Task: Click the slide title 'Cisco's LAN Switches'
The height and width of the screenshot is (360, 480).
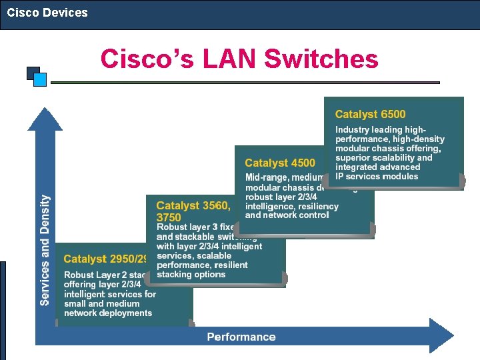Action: (x=239, y=59)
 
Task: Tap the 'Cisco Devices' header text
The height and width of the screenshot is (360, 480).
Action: (x=47, y=13)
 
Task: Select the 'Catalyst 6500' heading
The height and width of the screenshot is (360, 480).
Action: (x=370, y=115)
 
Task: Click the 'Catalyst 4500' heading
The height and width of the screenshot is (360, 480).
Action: (x=280, y=163)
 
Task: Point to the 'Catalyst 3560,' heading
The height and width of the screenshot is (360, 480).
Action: (x=193, y=206)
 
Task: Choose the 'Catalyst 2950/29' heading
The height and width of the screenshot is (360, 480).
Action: (x=105, y=259)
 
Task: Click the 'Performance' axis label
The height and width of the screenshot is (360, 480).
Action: (x=241, y=337)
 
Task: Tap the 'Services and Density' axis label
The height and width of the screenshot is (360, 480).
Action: (x=45, y=250)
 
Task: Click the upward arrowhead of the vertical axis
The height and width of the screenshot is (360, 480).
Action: (x=44, y=119)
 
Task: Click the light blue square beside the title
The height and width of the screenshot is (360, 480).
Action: (x=40, y=80)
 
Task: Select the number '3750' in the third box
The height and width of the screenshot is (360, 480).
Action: (x=169, y=217)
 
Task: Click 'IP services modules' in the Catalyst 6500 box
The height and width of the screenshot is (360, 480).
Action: (x=377, y=177)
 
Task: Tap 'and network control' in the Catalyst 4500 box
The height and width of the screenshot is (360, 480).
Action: (x=287, y=215)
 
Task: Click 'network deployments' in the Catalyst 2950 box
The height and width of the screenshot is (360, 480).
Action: (x=108, y=313)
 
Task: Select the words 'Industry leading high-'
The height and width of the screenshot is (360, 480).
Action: (x=381, y=129)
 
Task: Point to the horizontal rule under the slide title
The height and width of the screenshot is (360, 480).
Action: (x=245, y=83)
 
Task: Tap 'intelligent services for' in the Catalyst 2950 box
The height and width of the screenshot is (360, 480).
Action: (x=110, y=294)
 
